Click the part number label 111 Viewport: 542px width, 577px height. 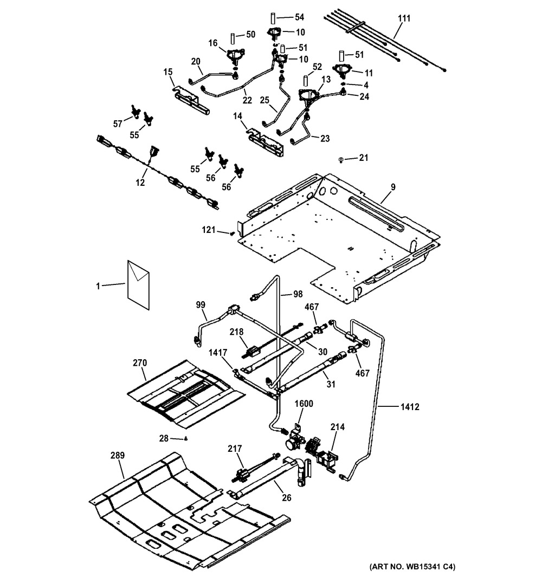[x=404, y=19]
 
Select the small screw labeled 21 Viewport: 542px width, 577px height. [x=340, y=159]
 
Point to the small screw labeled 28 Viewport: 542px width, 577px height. [x=186, y=438]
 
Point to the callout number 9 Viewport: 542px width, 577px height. [x=392, y=187]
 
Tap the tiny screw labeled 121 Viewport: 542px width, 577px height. [x=233, y=234]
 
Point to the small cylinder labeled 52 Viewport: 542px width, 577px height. [x=306, y=82]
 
